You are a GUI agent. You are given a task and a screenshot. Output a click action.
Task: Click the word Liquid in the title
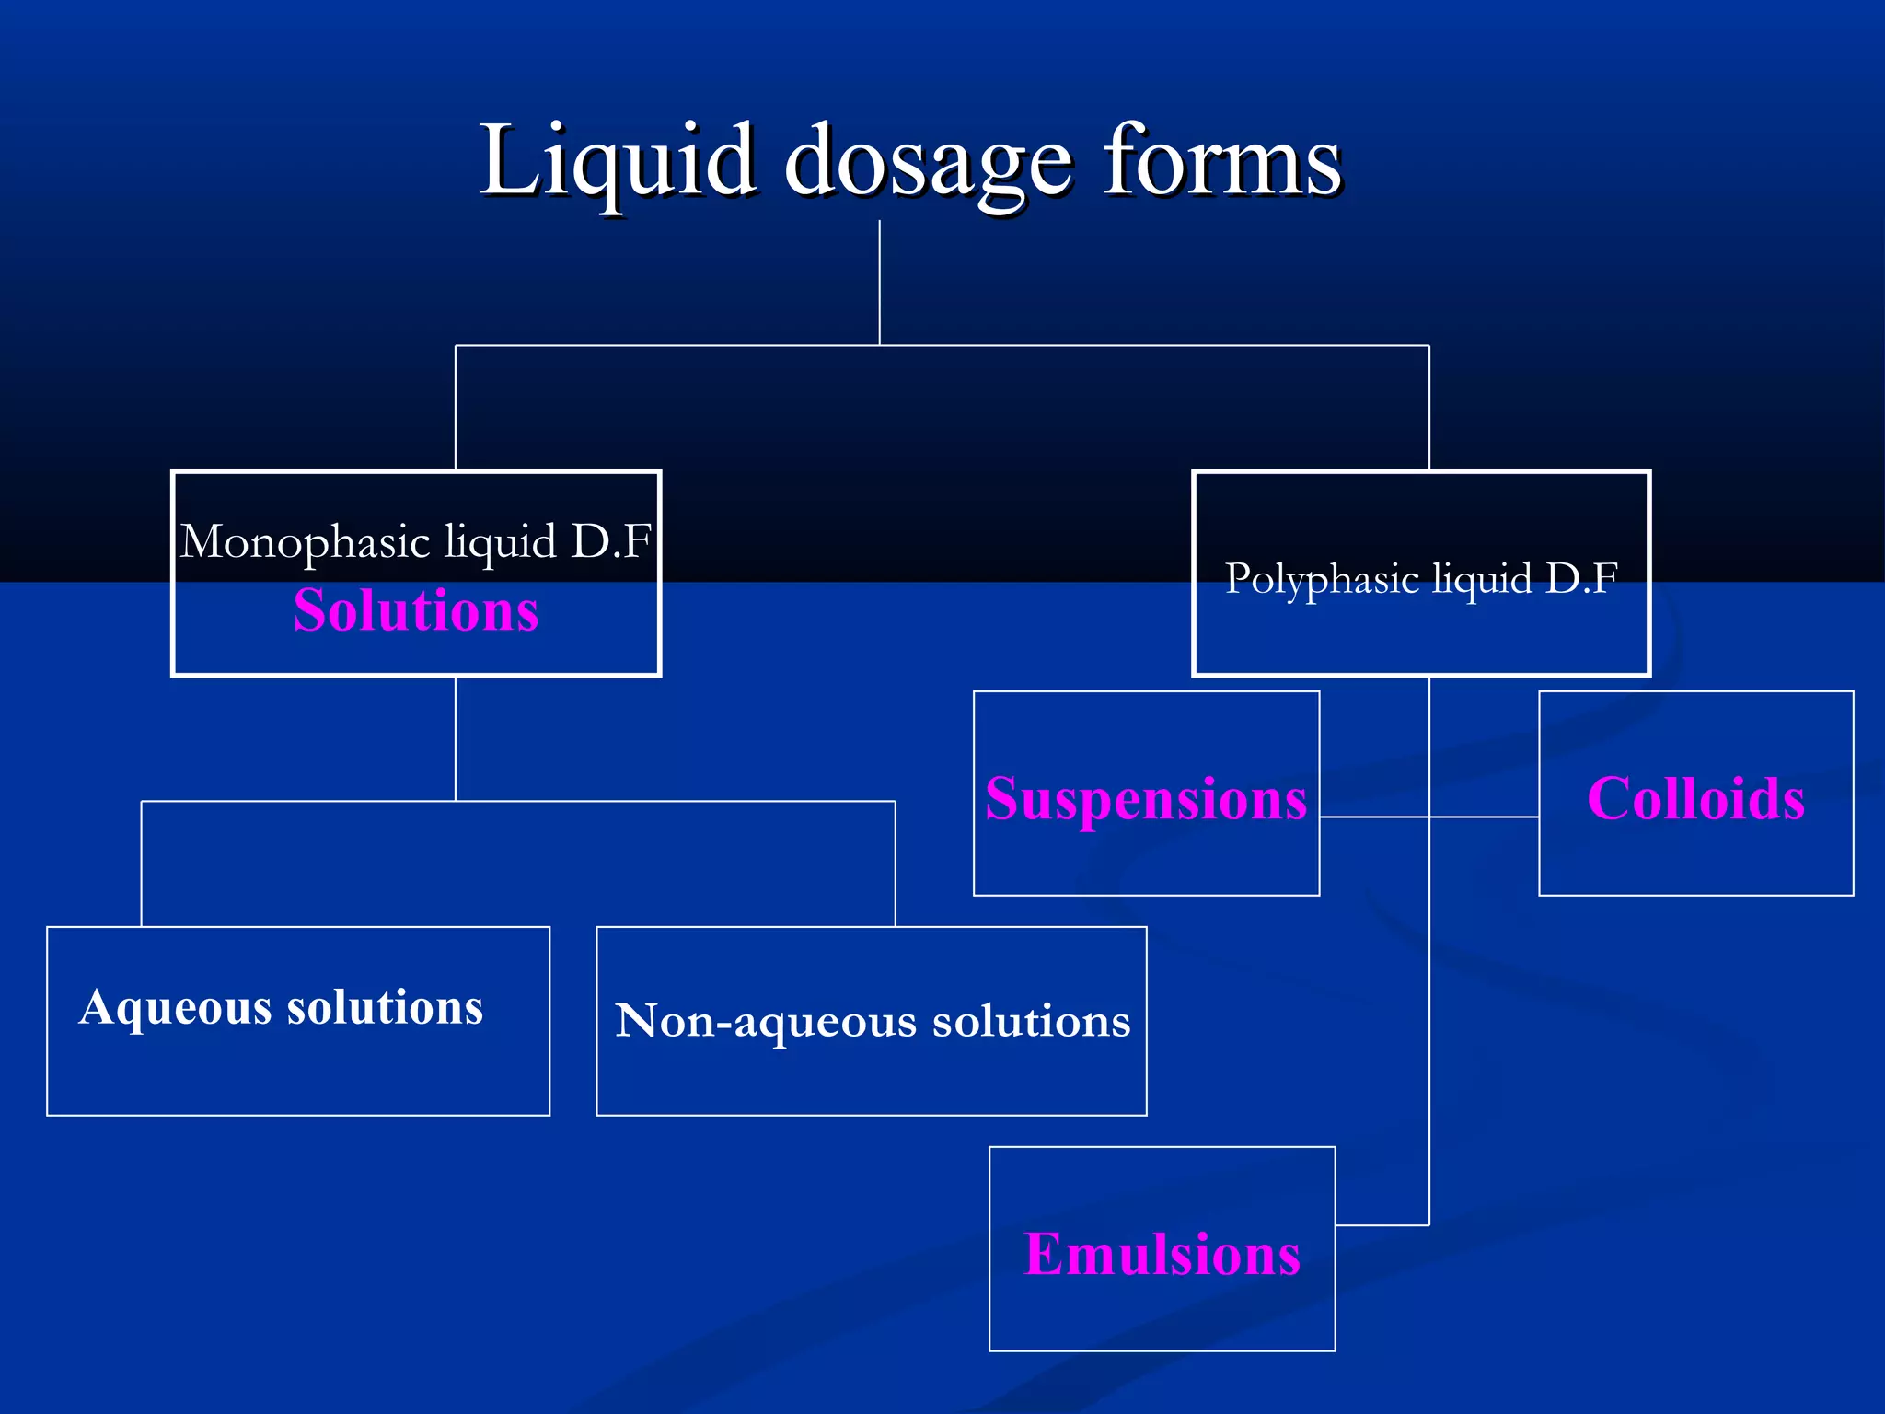pyautogui.click(x=616, y=162)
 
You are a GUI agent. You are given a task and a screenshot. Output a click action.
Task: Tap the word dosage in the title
pyautogui.click(x=928, y=166)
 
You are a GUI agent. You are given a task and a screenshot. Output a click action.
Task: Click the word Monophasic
pyautogui.click(x=306, y=542)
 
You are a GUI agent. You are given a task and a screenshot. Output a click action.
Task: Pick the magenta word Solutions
pyautogui.click(x=416, y=610)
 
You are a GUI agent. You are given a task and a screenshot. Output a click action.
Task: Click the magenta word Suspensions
pyautogui.click(x=1146, y=798)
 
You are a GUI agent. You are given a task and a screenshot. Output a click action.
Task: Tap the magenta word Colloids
pyautogui.click(x=1695, y=798)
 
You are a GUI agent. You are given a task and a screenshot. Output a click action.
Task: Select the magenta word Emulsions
pyautogui.click(x=1162, y=1254)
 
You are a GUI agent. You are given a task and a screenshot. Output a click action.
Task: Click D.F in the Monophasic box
pyautogui.click(x=611, y=541)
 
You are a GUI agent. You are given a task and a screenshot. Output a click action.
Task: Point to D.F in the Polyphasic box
pyautogui.click(x=1581, y=578)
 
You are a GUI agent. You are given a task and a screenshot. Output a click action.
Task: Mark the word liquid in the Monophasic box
pyautogui.click(x=501, y=542)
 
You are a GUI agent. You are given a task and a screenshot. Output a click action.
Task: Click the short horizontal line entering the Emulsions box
pyautogui.click(x=1382, y=1225)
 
